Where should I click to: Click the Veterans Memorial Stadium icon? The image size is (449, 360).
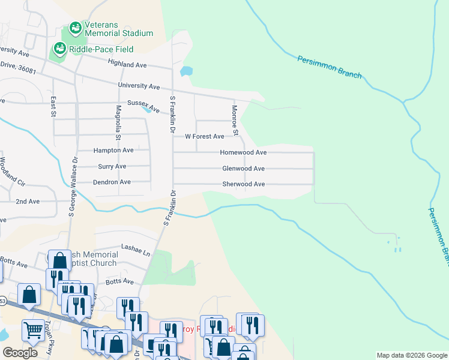point(75,27)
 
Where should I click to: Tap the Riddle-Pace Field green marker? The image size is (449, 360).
point(60,48)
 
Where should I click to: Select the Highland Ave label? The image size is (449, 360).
point(127,64)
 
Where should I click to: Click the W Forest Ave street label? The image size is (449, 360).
point(204,137)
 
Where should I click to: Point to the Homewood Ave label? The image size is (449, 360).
point(243,153)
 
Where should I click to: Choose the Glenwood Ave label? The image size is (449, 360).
point(243,169)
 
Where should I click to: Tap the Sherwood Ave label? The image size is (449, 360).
point(243,184)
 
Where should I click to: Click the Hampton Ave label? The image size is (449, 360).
point(113,150)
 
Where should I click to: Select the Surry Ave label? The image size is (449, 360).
point(112,166)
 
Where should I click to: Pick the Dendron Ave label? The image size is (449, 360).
point(112,182)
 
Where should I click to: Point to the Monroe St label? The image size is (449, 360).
point(235,120)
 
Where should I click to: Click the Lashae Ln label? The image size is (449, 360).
point(135,247)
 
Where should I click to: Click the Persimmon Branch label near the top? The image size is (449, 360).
point(330,67)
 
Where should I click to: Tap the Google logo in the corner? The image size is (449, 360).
point(20,352)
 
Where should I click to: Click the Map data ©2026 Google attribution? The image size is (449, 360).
point(411,355)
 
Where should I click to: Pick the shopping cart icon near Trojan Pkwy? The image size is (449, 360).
point(32,330)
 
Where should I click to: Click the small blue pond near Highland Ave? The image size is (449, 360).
point(186,71)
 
